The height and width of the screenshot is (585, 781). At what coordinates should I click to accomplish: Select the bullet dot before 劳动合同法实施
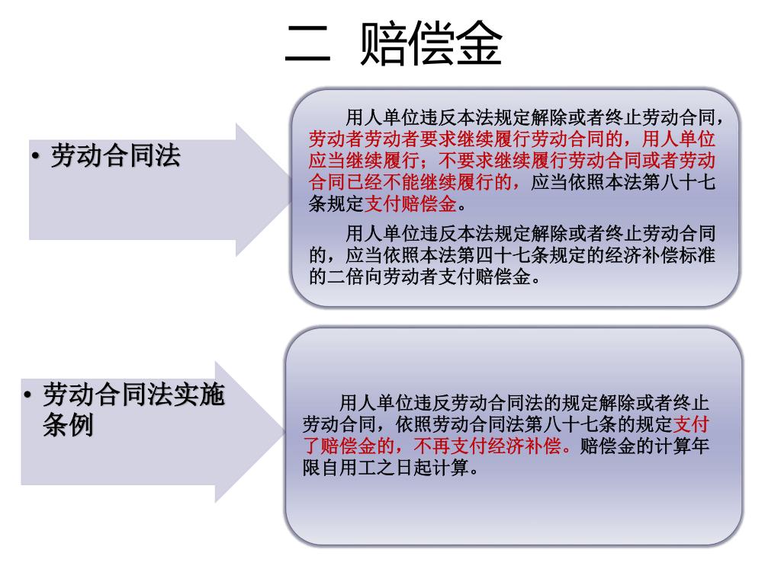coord(27,396)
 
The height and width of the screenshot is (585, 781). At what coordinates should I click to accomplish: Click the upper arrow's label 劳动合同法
coord(115,156)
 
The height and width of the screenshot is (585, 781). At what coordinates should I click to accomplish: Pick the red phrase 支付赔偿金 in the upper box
coord(410,204)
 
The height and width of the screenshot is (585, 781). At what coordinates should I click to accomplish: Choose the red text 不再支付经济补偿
coord(493,446)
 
